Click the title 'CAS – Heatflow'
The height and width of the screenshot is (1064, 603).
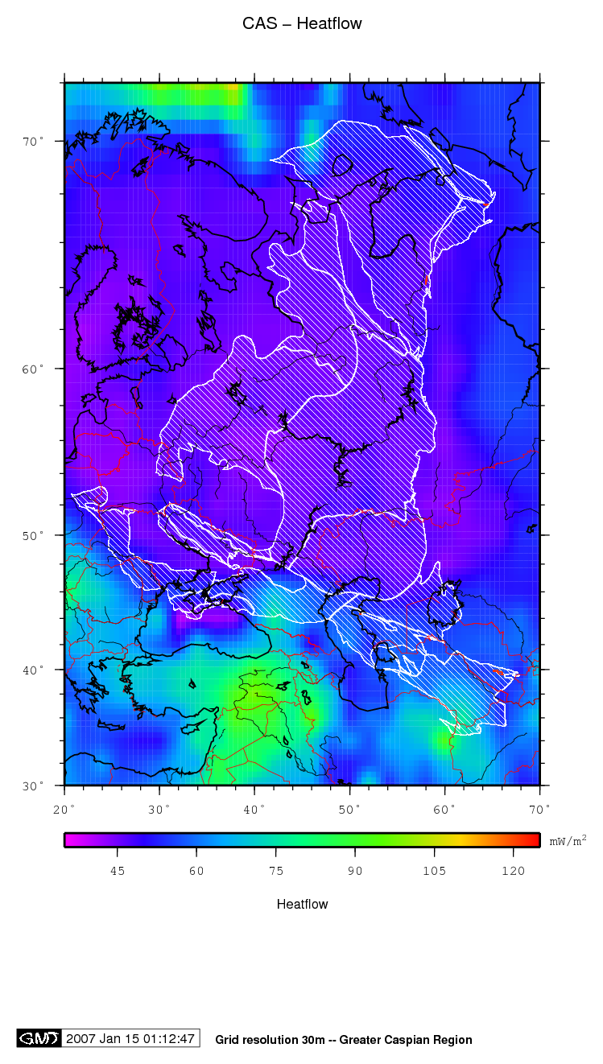(302, 24)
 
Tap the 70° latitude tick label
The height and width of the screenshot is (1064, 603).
(33, 142)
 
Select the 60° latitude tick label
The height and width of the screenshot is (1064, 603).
(33, 369)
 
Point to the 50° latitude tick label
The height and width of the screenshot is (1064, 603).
(33, 535)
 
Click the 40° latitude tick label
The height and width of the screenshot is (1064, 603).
(33, 670)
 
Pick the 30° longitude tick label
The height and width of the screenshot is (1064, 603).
(159, 807)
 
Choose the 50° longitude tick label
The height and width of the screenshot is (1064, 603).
(349, 807)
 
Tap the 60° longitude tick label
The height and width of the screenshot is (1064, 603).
(444, 807)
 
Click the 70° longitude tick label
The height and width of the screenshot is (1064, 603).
(539, 807)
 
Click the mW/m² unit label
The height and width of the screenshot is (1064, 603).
(568, 840)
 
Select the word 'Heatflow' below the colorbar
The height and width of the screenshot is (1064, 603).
(302, 904)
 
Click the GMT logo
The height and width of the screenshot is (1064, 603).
(39, 1038)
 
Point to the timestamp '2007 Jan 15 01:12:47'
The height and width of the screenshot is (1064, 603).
(131, 1038)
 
